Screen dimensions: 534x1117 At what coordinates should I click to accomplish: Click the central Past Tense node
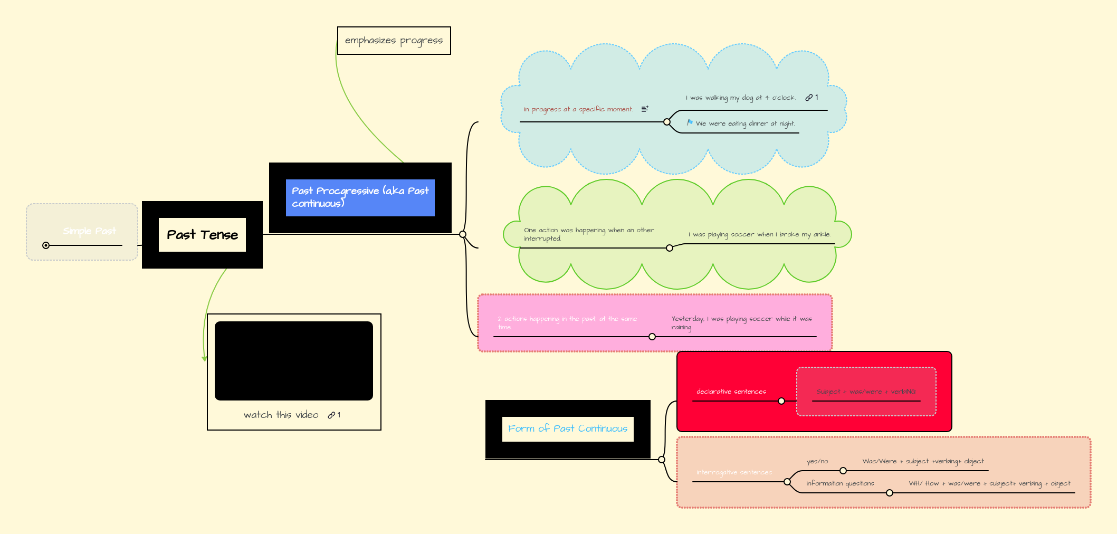pyautogui.click(x=202, y=235)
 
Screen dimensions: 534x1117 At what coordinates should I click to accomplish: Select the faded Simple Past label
pyautogui.click(x=89, y=231)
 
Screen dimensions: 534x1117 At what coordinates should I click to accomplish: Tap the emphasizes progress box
pyautogui.click(x=394, y=41)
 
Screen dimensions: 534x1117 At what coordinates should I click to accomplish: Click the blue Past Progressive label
pyautogui.click(x=360, y=197)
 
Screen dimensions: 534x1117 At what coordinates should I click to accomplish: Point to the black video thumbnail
pyautogui.click(x=293, y=361)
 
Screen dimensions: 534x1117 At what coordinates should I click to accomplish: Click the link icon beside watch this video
pyautogui.click(x=331, y=415)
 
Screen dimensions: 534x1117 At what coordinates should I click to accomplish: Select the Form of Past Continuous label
pyautogui.click(x=567, y=428)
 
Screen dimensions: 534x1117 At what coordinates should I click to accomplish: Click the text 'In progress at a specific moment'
pyautogui.click(x=578, y=110)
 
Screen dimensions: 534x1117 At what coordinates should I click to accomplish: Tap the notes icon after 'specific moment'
pyautogui.click(x=645, y=109)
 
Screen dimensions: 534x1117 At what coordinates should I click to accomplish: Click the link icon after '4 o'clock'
pyautogui.click(x=809, y=98)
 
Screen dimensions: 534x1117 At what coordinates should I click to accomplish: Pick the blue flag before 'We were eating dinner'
pyautogui.click(x=690, y=122)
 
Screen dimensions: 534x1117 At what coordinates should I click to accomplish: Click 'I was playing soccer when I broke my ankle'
pyautogui.click(x=759, y=234)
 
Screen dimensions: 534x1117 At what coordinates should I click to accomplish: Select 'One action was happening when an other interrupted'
pyautogui.click(x=588, y=234)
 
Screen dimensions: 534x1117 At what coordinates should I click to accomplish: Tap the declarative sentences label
pyautogui.click(x=731, y=392)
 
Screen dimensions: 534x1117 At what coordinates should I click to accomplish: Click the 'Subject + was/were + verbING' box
pyautogui.click(x=866, y=392)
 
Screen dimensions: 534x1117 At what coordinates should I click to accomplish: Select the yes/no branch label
pyautogui.click(x=817, y=461)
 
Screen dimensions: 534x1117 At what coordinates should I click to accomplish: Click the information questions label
pyautogui.click(x=840, y=483)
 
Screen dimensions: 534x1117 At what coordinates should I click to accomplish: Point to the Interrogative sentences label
pyautogui.click(x=733, y=472)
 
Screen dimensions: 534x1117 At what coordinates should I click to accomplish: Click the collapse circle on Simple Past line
pyautogui.click(x=46, y=245)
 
